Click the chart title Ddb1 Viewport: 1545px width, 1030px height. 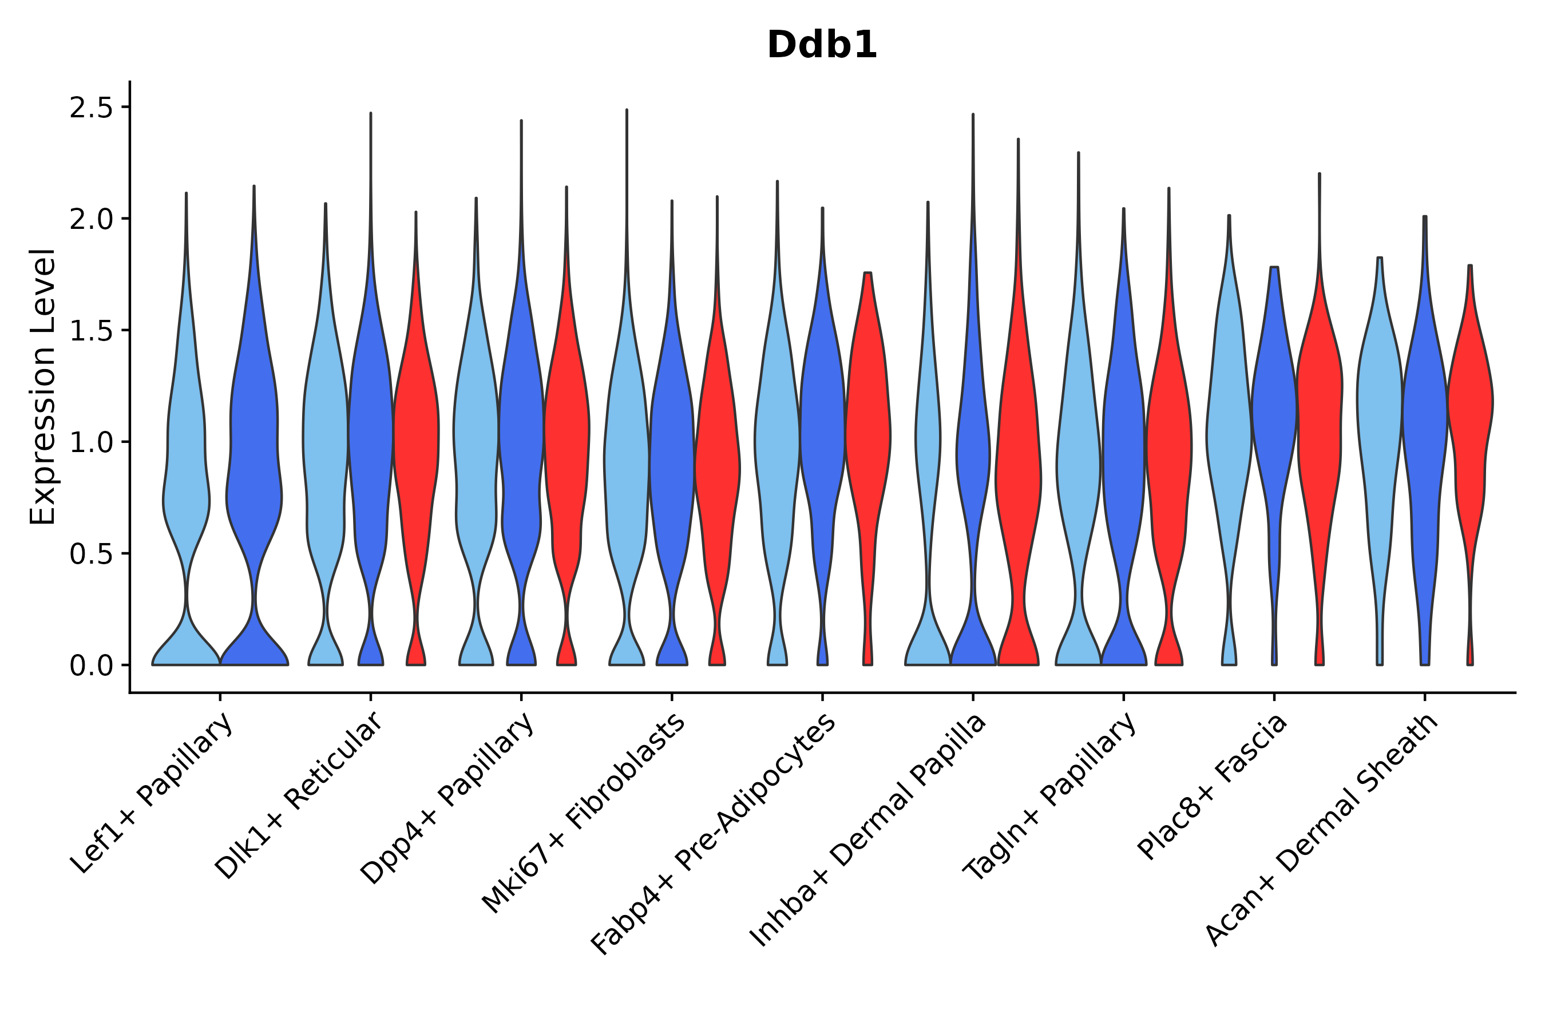tap(822, 45)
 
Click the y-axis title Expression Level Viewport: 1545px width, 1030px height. tap(43, 387)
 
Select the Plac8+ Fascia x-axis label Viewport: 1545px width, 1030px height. tap(1213, 787)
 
